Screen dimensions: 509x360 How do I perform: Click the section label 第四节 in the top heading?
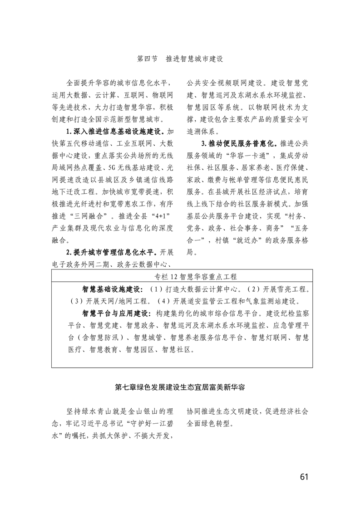pos(147,59)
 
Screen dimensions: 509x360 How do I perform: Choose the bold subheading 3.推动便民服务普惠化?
pos(236,144)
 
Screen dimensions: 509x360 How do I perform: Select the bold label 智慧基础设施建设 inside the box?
pos(112,289)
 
